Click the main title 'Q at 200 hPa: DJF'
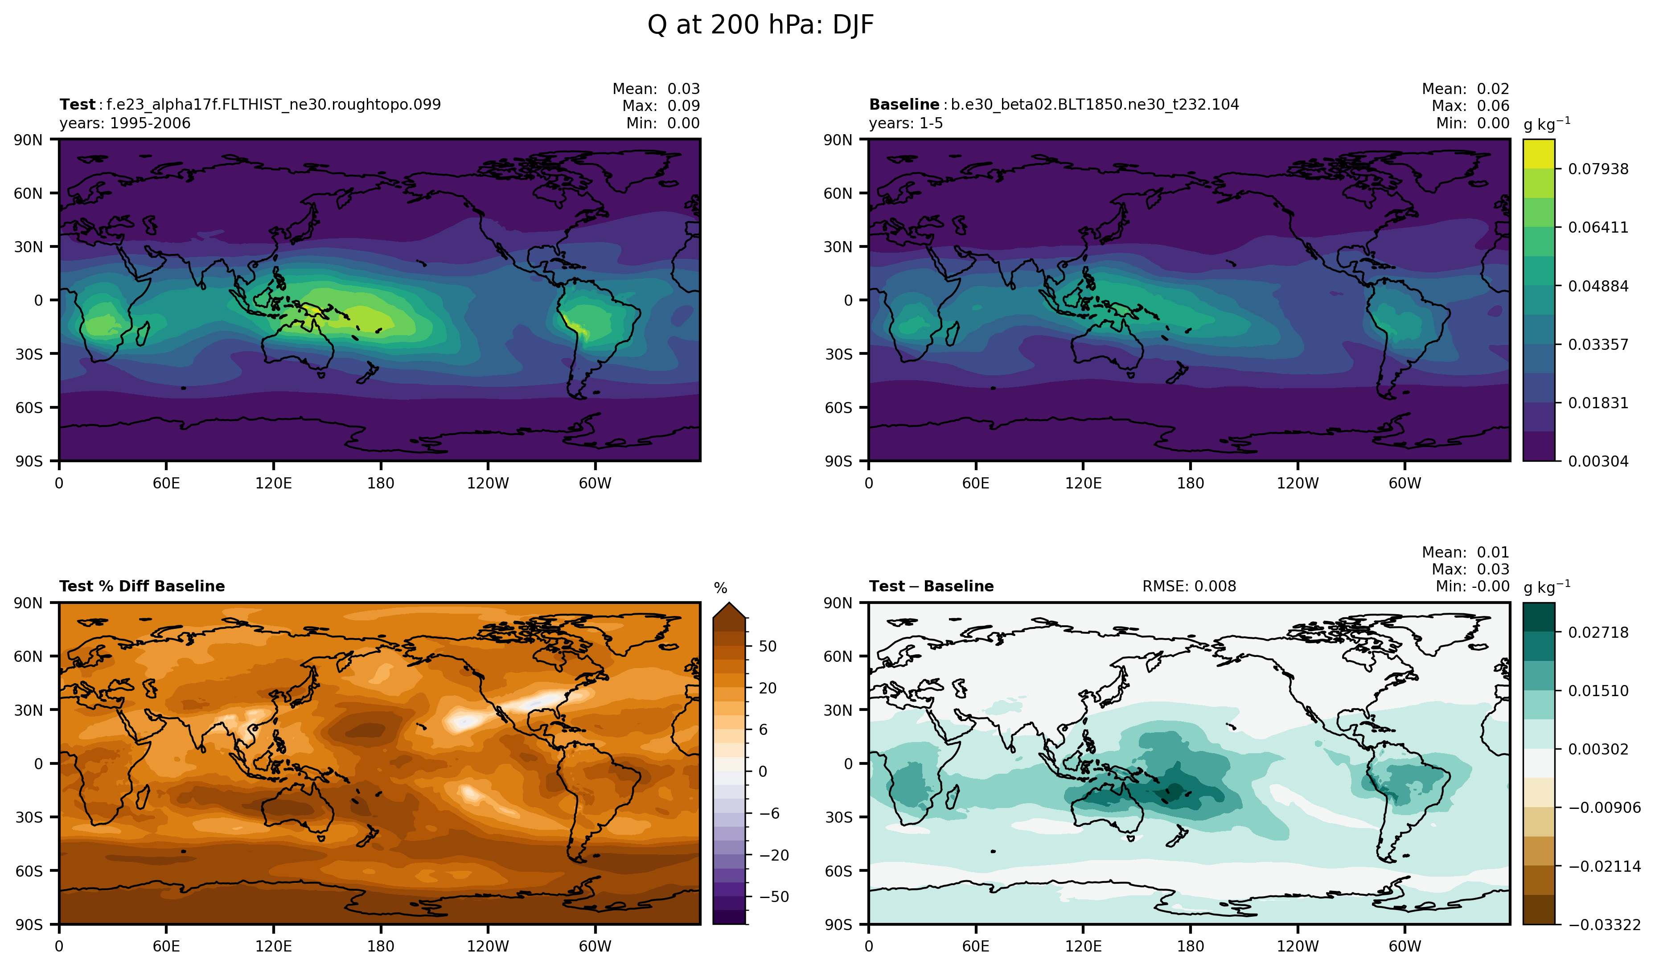pos(760,25)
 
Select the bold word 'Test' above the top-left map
pos(78,104)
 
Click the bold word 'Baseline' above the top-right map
pos(903,104)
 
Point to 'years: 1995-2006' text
pos(125,123)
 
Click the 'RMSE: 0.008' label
pos(1189,587)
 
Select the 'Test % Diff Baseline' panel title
pos(142,587)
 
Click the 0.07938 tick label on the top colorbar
pos(1598,169)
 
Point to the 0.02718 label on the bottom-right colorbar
pos(1598,632)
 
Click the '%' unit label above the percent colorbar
pos(720,588)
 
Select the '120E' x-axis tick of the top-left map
pos(273,484)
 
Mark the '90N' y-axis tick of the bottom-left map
pos(28,603)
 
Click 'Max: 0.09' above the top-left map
pos(661,106)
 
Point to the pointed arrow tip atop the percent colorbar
pos(729,604)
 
